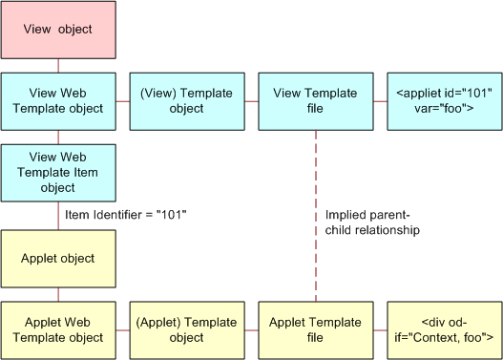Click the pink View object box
(58, 30)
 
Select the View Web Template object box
(58, 101)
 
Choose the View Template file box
(315, 101)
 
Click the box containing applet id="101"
(444, 101)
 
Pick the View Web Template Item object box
(58, 173)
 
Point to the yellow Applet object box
(58, 258)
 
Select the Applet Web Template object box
(58, 329)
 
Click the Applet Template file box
(315, 329)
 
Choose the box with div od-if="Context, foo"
(444, 329)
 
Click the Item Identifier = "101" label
(125, 215)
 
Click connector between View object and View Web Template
(58, 65)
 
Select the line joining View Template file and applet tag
(379, 101)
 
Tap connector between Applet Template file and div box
(379, 329)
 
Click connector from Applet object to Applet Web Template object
(58, 293)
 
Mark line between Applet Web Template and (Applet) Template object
(122, 329)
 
